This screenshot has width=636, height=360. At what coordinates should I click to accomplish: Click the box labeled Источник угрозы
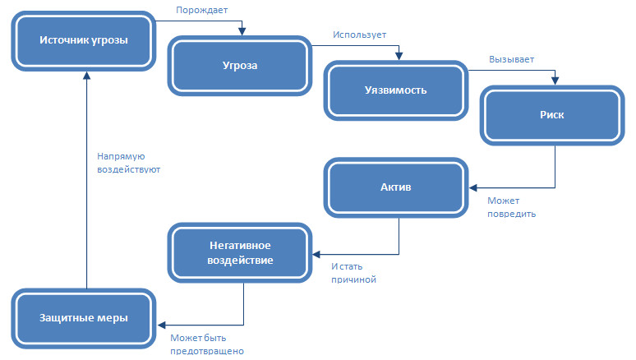84,39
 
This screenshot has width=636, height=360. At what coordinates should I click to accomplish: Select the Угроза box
240,66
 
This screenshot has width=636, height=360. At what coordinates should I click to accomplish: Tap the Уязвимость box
396,90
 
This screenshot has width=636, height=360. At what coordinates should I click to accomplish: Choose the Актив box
396,187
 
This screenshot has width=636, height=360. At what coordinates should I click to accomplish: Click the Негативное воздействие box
240,252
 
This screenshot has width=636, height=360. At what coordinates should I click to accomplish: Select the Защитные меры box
84,317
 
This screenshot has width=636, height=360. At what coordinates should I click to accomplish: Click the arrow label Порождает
202,11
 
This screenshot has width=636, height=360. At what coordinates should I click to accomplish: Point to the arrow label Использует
359,35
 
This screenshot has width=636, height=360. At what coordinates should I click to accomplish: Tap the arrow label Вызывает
511,59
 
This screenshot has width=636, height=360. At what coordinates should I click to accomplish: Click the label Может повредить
511,207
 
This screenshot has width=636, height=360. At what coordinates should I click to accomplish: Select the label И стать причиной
353,273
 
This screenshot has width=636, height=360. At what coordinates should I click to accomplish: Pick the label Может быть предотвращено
207,344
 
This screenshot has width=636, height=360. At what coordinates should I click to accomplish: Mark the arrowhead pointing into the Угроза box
241,33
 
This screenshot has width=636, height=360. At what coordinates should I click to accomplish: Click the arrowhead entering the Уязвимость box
399,57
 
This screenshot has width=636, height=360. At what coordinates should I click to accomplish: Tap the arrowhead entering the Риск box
555,81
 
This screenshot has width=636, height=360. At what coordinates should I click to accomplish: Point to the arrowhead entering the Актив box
473,188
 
